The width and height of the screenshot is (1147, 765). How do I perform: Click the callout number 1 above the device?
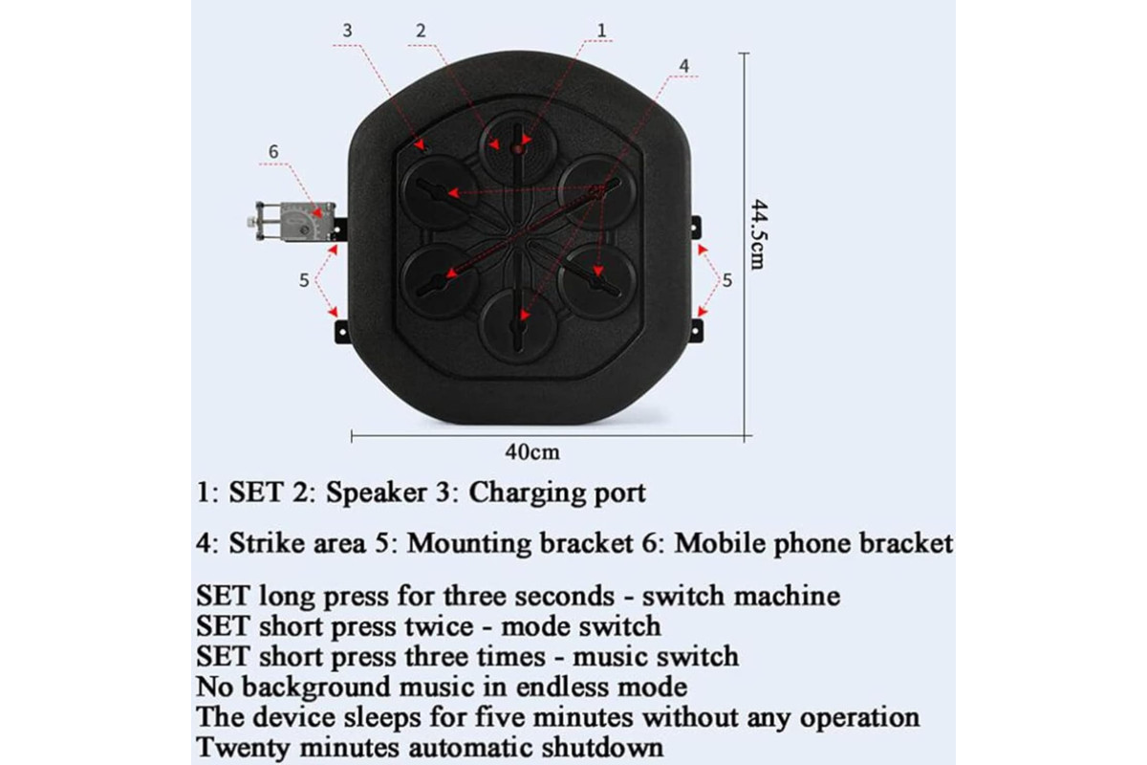pos(601,31)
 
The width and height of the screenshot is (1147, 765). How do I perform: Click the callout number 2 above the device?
pos(421,31)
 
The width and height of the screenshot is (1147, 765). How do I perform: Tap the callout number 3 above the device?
pos(348,31)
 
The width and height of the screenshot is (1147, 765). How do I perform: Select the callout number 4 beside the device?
pos(684,66)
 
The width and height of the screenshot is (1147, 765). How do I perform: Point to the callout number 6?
pos(274,152)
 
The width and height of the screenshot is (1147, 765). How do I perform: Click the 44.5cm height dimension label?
pos(758,234)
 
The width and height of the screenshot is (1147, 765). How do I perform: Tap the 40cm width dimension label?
pos(532,452)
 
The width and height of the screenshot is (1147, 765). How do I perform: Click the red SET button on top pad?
pos(518,149)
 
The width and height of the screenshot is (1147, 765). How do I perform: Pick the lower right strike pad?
pos(597,281)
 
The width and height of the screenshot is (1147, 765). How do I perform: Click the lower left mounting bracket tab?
pos(341,332)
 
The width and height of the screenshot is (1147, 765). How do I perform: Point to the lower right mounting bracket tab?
pos(696,331)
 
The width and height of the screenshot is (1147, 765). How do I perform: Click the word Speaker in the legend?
pos(377,492)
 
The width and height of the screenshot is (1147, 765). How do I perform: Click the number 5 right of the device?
pos(727,280)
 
